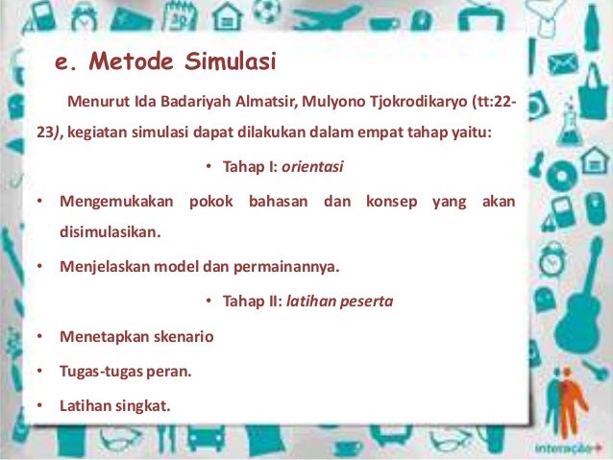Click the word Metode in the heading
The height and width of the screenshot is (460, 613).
pos(133,63)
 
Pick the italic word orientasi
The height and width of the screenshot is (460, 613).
pos(312,167)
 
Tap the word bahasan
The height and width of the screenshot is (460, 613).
pos(280,202)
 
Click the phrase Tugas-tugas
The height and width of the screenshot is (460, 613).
pos(98,371)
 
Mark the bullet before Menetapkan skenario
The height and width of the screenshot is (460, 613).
pos(39,336)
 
